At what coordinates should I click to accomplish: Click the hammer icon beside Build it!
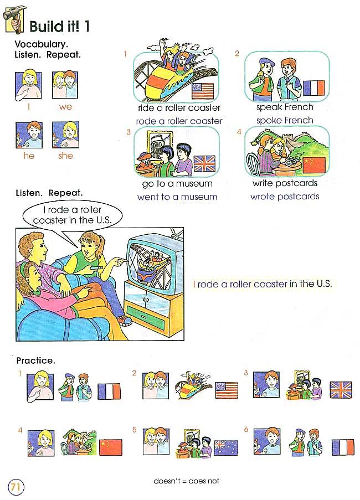14,19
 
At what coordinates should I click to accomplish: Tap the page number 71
16,487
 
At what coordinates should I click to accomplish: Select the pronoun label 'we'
65,107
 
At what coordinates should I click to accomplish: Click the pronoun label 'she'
65,156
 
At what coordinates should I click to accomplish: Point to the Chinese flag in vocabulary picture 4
314,165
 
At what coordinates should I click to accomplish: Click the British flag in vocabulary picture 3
204,163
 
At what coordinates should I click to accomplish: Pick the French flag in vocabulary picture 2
313,88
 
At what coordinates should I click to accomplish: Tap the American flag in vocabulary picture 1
203,91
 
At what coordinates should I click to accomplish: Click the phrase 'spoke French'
285,121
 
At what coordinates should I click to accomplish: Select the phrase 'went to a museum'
177,197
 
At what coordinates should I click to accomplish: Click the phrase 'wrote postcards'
285,197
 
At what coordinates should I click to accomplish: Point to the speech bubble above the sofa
73,215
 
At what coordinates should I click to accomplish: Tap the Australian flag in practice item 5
226,447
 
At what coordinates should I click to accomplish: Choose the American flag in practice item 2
227,390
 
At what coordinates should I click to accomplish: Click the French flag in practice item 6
343,447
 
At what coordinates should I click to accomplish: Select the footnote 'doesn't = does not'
187,481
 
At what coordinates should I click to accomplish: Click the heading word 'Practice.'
35,360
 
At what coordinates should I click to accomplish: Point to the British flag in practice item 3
341,390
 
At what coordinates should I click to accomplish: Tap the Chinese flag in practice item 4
111,447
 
